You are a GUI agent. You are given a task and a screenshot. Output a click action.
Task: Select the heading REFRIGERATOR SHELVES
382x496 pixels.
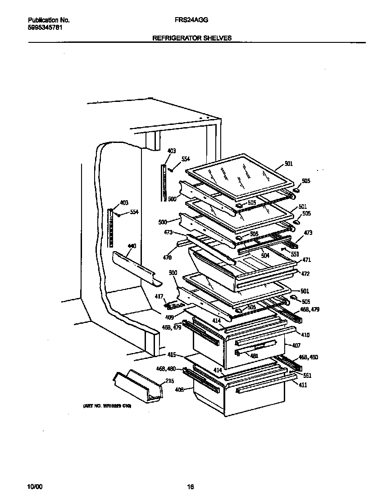(x=192, y=38)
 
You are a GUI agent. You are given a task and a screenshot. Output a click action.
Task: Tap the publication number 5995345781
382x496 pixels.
(x=45, y=27)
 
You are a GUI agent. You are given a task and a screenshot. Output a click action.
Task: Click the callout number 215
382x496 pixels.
(x=169, y=381)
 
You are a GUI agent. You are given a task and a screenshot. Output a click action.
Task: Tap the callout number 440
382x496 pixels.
(x=132, y=246)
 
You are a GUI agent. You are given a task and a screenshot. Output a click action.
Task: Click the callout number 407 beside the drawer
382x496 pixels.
(x=296, y=346)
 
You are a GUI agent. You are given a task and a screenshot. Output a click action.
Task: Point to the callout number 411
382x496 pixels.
(x=303, y=386)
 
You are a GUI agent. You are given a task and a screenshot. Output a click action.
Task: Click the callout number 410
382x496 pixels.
(x=305, y=335)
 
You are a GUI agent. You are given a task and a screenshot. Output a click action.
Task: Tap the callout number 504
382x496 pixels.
(x=265, y=255)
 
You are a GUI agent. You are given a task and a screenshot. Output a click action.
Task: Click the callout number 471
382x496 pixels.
(x=307, y=260)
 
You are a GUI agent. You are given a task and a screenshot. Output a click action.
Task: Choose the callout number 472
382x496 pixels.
(x=305, y=274)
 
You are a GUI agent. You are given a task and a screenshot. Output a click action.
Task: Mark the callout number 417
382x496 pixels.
(x=172, y=296)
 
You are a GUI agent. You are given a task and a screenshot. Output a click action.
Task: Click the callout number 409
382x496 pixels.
(x=169, y=317)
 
